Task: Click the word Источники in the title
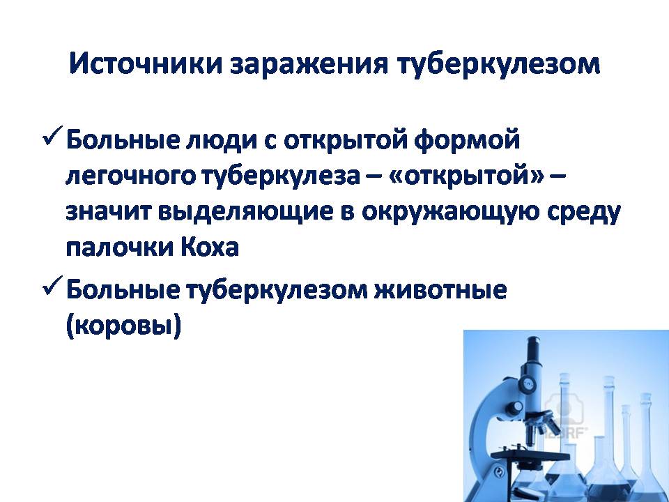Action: pos(146,64)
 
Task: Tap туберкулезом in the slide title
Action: pos(498,65)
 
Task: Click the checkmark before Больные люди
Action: pos(53,137)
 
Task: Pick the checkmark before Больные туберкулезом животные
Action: pos(53,287)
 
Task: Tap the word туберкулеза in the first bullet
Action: pos(280,176)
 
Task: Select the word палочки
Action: pos(120,248)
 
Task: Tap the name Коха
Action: pos(210,247)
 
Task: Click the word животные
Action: pos(440,290)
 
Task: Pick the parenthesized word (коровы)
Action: pos(124,326)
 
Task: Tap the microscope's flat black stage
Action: pos(530,456)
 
